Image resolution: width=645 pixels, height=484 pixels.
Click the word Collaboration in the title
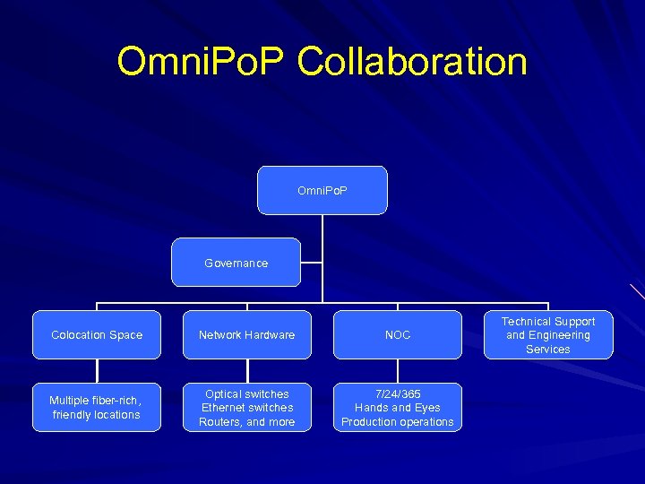click(412, 63)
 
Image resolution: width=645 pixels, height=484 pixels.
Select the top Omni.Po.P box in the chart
click(322, 190)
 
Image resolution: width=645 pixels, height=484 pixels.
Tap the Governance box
click(236, 263)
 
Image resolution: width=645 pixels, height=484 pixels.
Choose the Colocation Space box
click(97, 335)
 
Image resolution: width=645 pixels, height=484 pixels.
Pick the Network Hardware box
click(247, 335)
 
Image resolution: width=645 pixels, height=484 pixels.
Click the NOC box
click(398, 335)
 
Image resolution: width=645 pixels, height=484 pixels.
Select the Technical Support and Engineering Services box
click(548, 335)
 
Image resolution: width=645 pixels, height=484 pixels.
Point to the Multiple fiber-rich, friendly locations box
click(97, 408)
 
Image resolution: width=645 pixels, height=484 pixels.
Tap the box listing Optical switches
click(247, 408)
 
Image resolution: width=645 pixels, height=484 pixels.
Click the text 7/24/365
click(398, 394)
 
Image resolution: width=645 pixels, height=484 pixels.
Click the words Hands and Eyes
click(398, 408)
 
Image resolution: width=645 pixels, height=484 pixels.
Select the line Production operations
click(398, 422)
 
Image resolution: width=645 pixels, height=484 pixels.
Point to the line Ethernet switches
click(247, 408)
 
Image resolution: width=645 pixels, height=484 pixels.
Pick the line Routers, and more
click(247, 422)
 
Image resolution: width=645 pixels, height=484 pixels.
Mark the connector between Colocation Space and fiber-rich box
click(97, 371)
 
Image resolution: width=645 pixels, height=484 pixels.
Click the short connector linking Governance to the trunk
click(312, 264)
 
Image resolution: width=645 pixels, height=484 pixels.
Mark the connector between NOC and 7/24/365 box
click(398, 371)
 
